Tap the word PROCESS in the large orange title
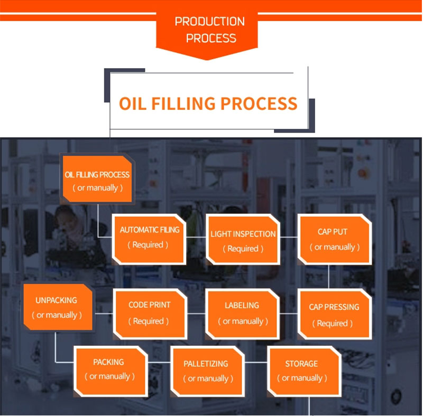coord(259,103)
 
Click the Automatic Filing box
coord(149,239)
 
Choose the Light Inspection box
coord(243,239)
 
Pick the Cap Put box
coord(335,239)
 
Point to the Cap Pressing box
coord(335,314)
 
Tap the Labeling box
coord(242,314)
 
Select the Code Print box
coord(150,314)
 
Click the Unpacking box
coord(58,307)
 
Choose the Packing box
coord(111,372)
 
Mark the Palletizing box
coord(207,372)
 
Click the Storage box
coord(305,372)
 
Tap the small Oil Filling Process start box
coord(97,179)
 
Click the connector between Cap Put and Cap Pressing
coord(328,277)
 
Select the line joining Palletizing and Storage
coord(256,362)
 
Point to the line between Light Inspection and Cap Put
coord(289,238)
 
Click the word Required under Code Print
coord(149,321)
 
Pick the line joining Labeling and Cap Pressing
coord(288,314)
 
